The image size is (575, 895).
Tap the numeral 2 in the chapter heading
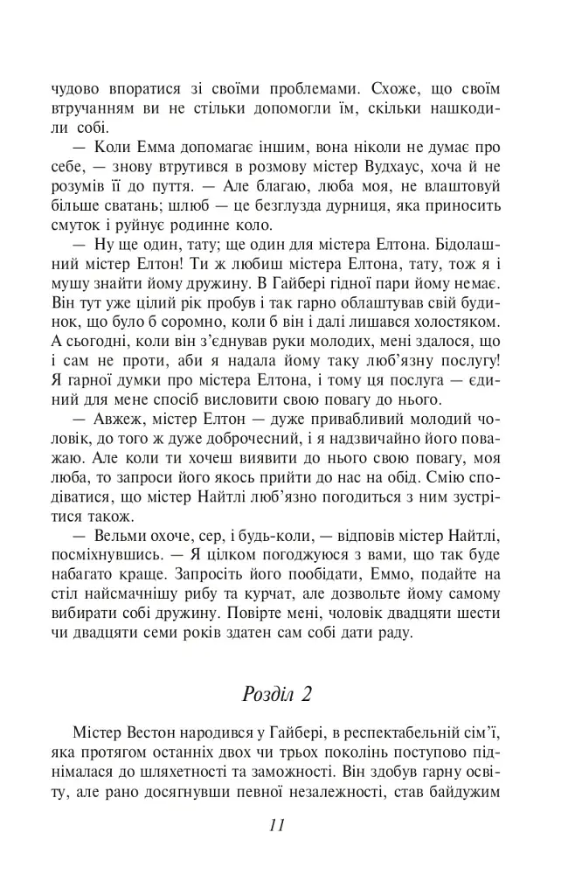[307, 695]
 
